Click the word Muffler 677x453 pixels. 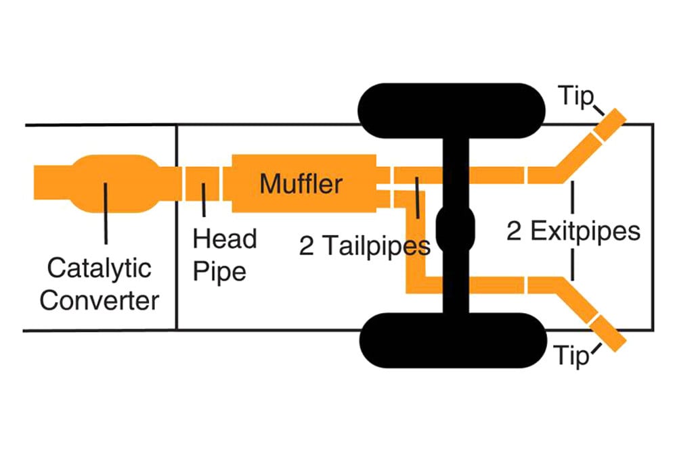[301, 184]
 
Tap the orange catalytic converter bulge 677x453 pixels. [114, 184]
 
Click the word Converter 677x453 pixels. [100, 300]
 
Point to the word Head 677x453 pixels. [225, 239]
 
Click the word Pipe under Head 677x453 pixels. [219, 272]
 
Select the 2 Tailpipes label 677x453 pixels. [364, 246]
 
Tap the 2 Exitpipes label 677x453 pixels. [573, 231]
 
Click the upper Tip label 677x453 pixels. [575, 96]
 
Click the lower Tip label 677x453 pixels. [571, 355]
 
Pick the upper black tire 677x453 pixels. [452, 111]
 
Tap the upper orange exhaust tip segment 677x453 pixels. [610, 124]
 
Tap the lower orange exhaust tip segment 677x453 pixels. [610, 333]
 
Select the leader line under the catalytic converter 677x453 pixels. [106, 214]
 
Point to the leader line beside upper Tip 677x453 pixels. [598, 110]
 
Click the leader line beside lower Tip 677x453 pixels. [596, 349]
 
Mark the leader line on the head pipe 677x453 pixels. [204, 199]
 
